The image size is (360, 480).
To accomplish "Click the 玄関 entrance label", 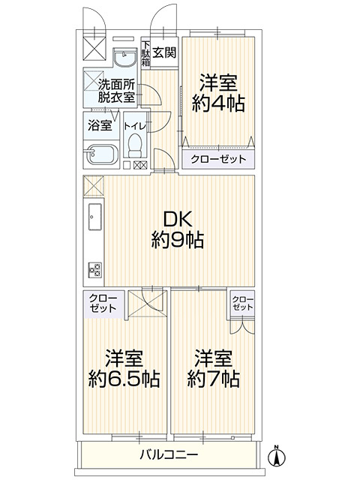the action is pos(165,52).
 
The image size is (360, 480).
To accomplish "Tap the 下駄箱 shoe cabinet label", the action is pos(145,52).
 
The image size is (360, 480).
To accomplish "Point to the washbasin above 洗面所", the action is pos(124,57).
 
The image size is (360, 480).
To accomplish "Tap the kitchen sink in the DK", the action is pos(95,216).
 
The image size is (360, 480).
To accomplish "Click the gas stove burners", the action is pos(94,269).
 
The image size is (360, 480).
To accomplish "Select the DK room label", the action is pos(177,220).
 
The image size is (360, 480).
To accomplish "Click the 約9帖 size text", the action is pos(178,240).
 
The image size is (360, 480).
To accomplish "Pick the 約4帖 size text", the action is pos(218,103).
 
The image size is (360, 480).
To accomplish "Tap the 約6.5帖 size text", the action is pos(124,379).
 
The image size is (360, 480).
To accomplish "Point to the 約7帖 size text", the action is pos(213,379).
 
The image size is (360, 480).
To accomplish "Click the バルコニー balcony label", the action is pos(169,454).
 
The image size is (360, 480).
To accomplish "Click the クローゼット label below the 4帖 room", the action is pos(218,159).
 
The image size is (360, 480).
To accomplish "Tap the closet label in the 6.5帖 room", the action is pos(103,303).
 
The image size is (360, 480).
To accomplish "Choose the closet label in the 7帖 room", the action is pos(243,303).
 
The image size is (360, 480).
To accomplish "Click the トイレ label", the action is pos(135,125).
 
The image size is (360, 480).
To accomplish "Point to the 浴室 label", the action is pos(100,125).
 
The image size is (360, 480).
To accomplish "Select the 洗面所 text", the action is pos(116,84).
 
